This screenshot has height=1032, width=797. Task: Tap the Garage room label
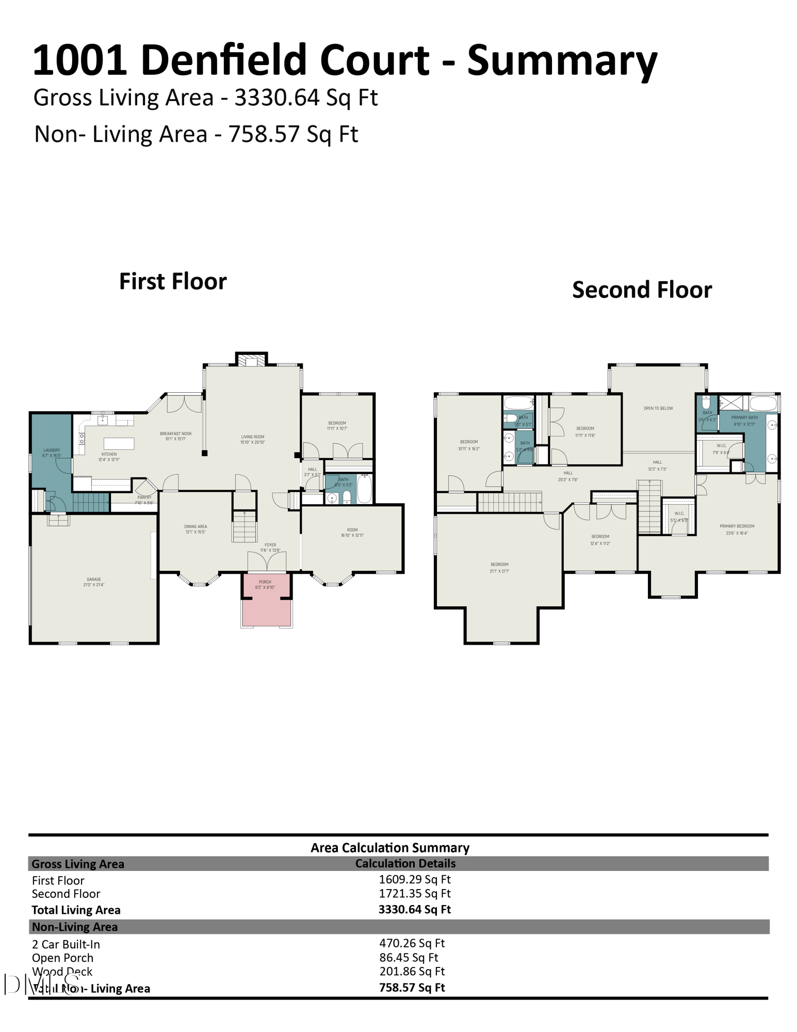[x=94, y=582]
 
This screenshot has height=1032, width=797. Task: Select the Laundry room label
[x=52, y=453]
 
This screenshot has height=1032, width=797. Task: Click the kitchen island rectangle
[x=119, y=443]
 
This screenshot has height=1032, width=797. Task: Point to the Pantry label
[x=144, y=499]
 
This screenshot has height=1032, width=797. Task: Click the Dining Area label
[x=196, y=529]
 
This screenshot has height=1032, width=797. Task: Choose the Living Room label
[x=253, y=439]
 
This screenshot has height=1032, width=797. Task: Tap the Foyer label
[x=270, y=547]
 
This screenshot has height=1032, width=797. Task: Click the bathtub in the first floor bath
[x=364, y=489]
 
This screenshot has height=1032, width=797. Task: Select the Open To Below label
[x=658, y=408]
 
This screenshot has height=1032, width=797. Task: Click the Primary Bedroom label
[x=737, y=529]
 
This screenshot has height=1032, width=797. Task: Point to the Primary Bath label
[x=744, y=420]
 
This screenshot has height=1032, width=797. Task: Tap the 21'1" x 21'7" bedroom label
[x=499, y=568]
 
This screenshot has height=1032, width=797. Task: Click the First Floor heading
[x=173, y=282]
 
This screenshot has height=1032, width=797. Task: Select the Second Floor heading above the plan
[x=642, y=290]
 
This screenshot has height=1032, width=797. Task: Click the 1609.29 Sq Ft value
[x=415, y=879]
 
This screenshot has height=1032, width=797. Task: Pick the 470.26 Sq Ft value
[x=412, y=943]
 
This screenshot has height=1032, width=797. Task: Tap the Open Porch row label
[x=63, y=958]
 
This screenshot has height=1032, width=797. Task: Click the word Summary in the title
[x=562, y=60]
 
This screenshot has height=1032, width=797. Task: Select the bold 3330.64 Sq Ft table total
[x=415, y=909]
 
